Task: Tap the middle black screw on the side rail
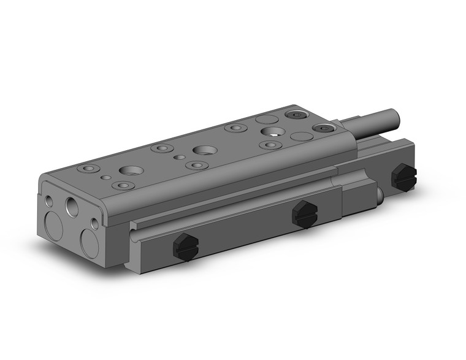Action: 305,213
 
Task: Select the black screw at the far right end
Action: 403,177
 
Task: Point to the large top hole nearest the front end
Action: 131,171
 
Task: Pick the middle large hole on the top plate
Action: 202,150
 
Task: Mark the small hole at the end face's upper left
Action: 49,201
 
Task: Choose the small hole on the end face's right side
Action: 95,223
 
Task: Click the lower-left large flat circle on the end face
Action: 54,227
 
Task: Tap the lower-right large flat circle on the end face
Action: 90,243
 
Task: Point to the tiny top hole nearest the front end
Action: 107,178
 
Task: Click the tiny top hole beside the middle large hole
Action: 178,157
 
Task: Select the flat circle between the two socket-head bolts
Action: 301,136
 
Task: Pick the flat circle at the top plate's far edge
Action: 266,119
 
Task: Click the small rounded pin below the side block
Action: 381,195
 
